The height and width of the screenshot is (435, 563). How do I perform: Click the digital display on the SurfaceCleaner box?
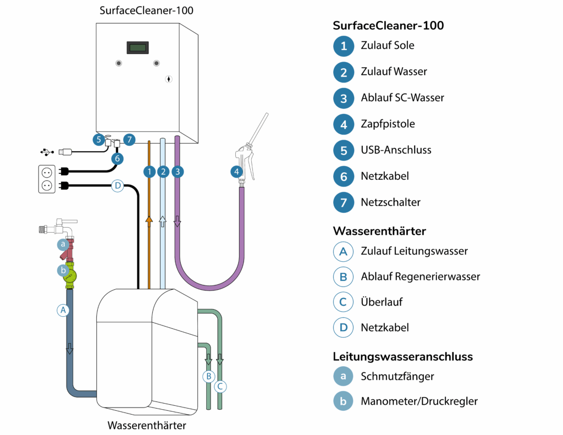pyautogui.click(x=137, y=48)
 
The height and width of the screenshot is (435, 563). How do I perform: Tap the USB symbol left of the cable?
pyautogui.click(x=47, y=151)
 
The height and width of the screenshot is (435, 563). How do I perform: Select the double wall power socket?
pyautogui.click(x=47, y=179)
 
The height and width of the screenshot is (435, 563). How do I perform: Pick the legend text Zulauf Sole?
pyautogui.click(x=388, y=46)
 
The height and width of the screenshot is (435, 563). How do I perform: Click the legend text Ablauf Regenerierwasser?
pyautogui.click(x=420, y=276)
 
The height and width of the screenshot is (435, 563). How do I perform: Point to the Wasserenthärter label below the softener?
pyautogui.click(x=147, y=425)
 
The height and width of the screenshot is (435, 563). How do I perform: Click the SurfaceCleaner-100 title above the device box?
pyautogui.click(x=146, y=10)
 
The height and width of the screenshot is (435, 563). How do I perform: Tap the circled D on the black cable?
pyautogui.click(x=117, y=186)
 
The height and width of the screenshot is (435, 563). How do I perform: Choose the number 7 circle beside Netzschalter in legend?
pyautogui.click(x=344, y=202)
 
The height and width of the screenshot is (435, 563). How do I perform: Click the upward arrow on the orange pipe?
pyautogui.click(x=149, y=221)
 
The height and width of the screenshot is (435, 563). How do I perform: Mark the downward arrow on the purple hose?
pyautogui.click(x=178, y=221)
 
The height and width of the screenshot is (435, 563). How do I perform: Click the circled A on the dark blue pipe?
pyautogui.click(x=63, y=310)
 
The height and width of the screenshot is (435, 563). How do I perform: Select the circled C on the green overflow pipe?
pyautogui.click(x=220, y=386)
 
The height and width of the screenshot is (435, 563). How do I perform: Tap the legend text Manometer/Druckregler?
pyautogui.click(x=419, y=401)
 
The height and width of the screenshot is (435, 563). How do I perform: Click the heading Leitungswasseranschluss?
pyautogui.click(x=403, y=356)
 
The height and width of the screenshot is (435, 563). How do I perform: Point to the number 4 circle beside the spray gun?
pyautogui.click(x=237, y=172)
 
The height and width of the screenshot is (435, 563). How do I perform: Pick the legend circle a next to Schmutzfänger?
pyautogui.click(x=344, y=376)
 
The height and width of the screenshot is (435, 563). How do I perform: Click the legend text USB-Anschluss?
pyautogui.click(x=396, y=150)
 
